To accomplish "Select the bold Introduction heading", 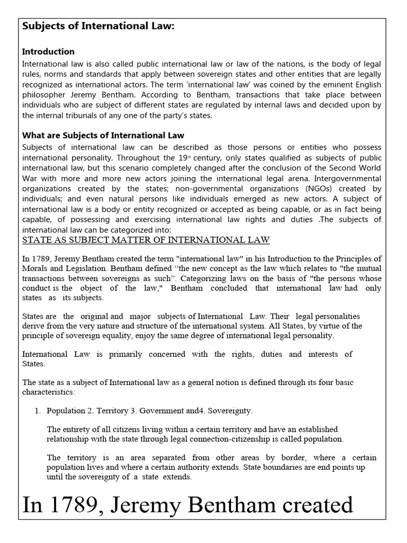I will coord(48,51).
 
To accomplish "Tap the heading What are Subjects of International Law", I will coord(103,135).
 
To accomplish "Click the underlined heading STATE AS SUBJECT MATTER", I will coord(146,240).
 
